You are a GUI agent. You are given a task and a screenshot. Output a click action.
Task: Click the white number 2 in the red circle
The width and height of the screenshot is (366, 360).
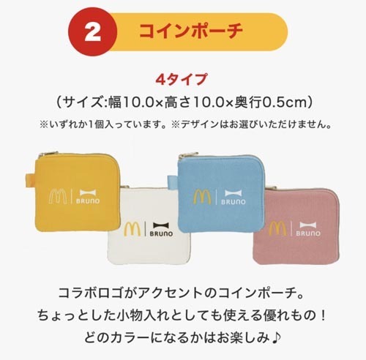pos(92,33)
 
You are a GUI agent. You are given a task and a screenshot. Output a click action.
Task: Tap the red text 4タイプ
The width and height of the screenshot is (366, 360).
pos(182,79)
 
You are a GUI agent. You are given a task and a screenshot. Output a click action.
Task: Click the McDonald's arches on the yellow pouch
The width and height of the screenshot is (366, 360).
pos(58,197)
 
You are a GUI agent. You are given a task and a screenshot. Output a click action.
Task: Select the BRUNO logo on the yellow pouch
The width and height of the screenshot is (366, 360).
pos(88,197)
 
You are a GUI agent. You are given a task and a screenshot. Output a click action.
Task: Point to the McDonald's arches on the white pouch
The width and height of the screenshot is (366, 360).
pos(132,230)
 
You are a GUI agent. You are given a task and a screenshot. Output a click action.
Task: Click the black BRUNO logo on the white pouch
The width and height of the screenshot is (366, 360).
pos(161,230)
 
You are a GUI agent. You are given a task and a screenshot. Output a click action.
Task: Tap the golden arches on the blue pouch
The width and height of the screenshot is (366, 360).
pos(202,197)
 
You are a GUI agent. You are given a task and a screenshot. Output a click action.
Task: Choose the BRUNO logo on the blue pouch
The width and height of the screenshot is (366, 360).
pos(234,198)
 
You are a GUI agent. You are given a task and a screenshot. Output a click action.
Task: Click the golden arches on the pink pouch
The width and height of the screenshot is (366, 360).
pos(277,229)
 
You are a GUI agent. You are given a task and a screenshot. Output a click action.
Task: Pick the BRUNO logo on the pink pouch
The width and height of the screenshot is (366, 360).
pos(308,229)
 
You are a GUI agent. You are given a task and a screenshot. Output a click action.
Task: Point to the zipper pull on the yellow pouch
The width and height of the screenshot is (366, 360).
pos(48,154)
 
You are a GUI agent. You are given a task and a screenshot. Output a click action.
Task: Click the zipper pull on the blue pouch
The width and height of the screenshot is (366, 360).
pos(188,155)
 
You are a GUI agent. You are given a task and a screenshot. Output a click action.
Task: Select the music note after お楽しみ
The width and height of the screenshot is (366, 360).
pos(276,338)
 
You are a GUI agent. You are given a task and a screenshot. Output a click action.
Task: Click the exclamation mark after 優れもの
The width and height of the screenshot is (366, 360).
pos(324,315)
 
